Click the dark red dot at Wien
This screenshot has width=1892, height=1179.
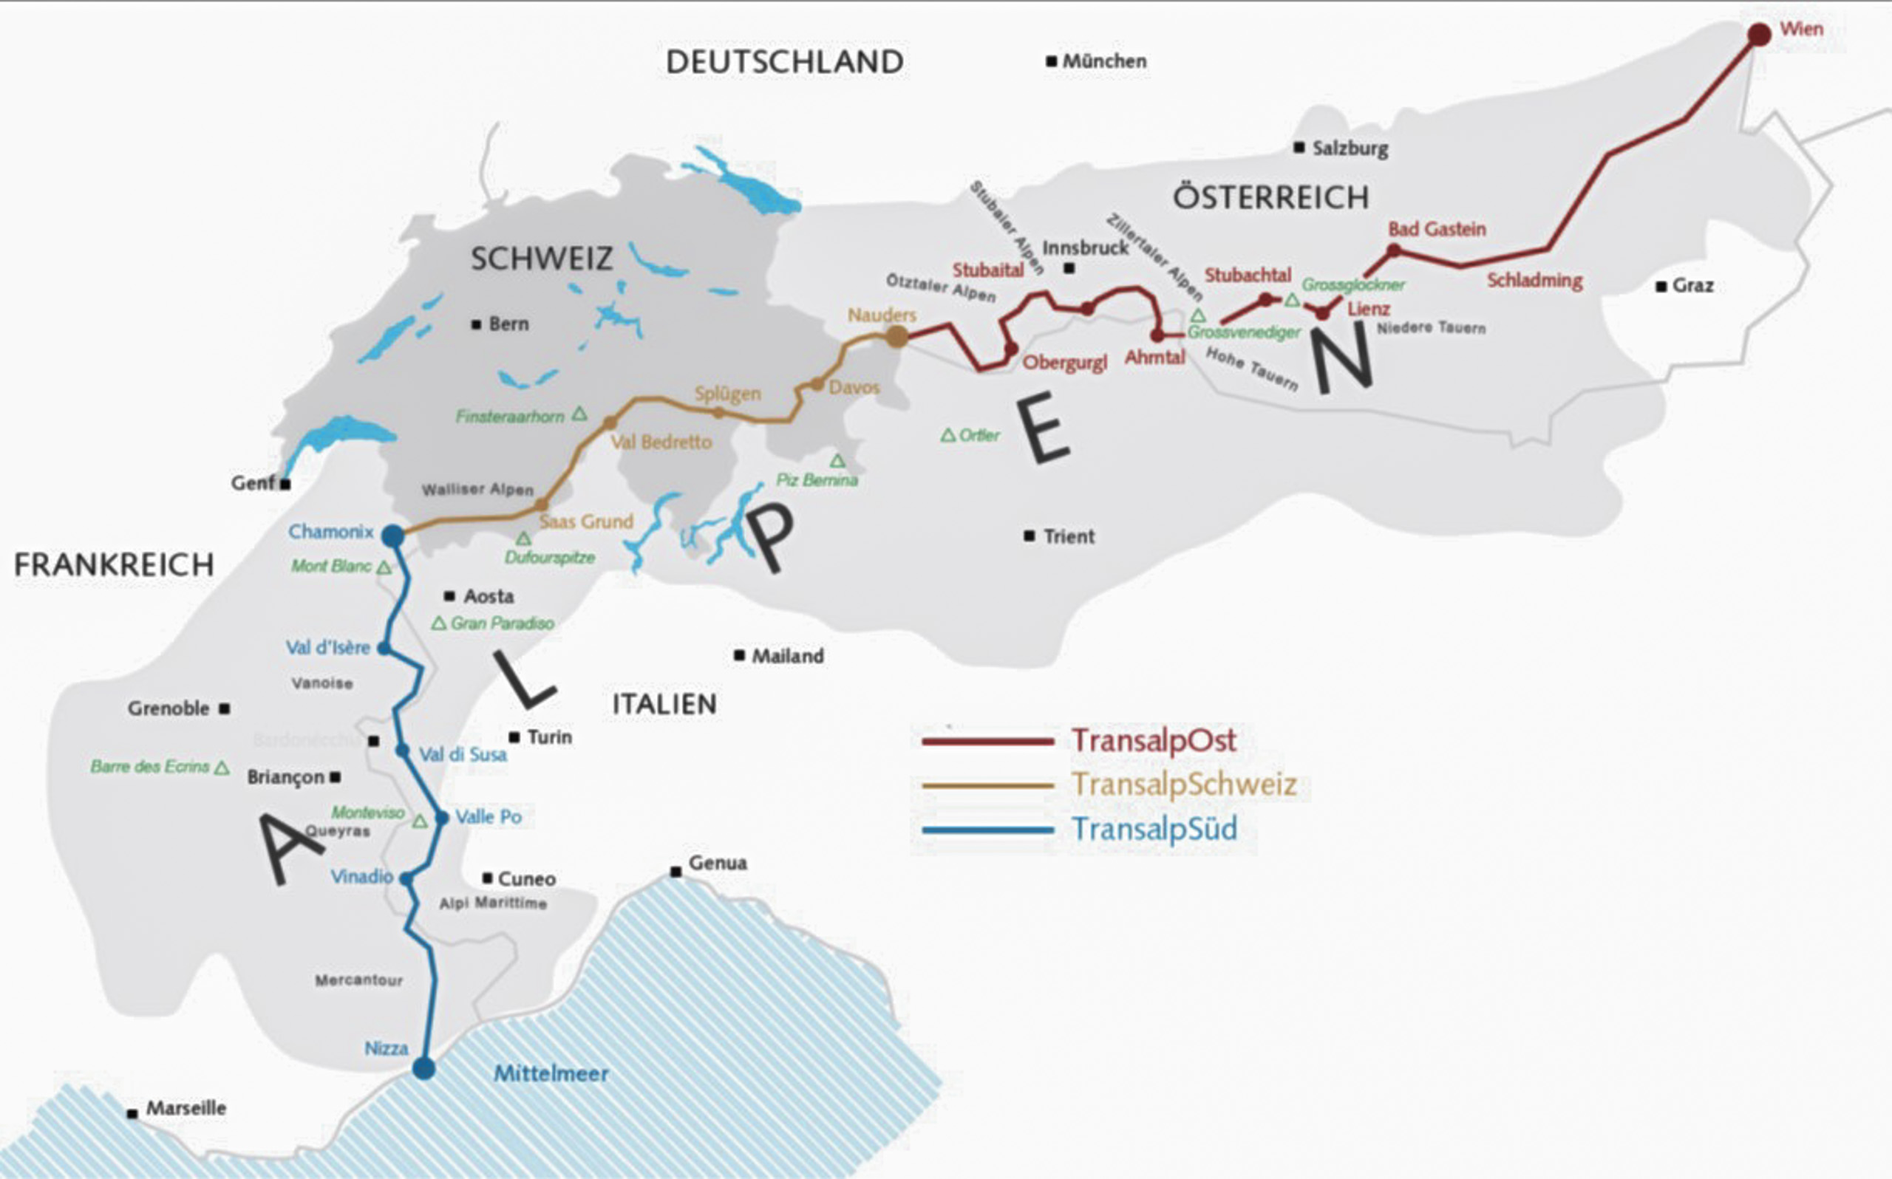[x=1760, y=35]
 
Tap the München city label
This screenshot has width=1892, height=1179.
[x=1104, y=61]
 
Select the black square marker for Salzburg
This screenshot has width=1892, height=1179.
[x=1299, y=148]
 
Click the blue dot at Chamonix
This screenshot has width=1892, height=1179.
[x=392, y=536]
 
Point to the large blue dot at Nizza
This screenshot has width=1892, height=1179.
[x=423, y=1067]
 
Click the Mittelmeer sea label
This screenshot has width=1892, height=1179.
[x=551, y=1074]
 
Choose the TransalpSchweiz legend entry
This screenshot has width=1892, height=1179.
[x=1184, y=784]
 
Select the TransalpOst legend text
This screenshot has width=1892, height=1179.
[x=1154, y=740]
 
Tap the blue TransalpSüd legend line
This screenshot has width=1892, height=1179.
[x=987, y=830]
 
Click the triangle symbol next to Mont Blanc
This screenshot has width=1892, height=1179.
[x=384, y=567]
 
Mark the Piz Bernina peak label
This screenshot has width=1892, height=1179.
[x=817, y=479]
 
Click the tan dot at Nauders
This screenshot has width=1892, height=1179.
[x=897, y=337]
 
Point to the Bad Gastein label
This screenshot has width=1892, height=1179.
[x=1437, y=229]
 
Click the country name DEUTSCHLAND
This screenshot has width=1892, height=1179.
[x=785, y=61]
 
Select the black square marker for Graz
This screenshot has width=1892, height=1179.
[x=1661, y=287]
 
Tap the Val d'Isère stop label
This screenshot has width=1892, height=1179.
[x=327, y=647]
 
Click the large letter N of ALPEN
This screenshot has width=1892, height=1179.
[x=1341, y=360]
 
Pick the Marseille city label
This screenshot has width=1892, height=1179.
[x=186, y=1108]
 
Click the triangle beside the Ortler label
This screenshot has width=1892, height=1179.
[x=947, y=435]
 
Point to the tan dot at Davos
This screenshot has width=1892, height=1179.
[x=817, y=383]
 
